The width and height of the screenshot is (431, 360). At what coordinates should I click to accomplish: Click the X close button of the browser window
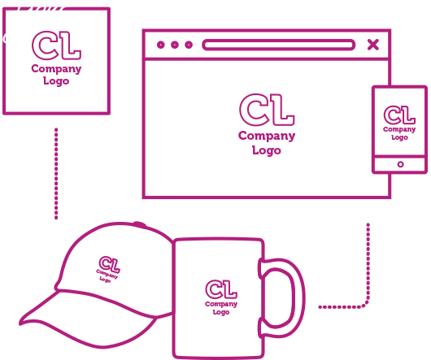(x=373, y=45)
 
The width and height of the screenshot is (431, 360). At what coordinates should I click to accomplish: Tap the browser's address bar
(x=278, y=45)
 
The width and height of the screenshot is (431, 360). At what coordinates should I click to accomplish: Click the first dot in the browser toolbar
(x=161, y=45)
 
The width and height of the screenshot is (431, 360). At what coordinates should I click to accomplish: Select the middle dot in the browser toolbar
(x=175, y=45)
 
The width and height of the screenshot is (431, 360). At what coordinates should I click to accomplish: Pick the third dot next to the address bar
(x=189, y=45)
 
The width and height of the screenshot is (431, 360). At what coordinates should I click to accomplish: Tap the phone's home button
(x=400, y=164)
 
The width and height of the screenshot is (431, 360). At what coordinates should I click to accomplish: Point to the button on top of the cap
(x=139, y=224)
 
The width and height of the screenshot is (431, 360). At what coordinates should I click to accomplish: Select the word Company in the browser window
(x=267, y=137)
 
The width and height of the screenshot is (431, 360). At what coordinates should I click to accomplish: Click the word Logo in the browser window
(x=267, y=150)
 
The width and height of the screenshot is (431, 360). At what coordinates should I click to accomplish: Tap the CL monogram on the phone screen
(x=399, y=115)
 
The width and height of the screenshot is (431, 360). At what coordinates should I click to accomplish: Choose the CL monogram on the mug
(x=221, y=289)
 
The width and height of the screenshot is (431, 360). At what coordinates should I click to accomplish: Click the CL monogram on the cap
(x=110, y=264)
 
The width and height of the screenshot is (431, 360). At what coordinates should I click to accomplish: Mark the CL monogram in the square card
(x=56, y=46)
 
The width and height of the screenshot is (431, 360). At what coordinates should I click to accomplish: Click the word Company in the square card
(x=56, y=69)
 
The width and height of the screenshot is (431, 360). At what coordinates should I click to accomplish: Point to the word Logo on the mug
(x=221, y=312)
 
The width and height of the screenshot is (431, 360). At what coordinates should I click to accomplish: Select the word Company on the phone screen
(x=399, y=129)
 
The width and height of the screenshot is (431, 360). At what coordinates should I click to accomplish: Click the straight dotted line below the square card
(x=56, y=174)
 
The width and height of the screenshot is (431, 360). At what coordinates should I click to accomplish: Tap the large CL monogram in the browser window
(x=267, y=110)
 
